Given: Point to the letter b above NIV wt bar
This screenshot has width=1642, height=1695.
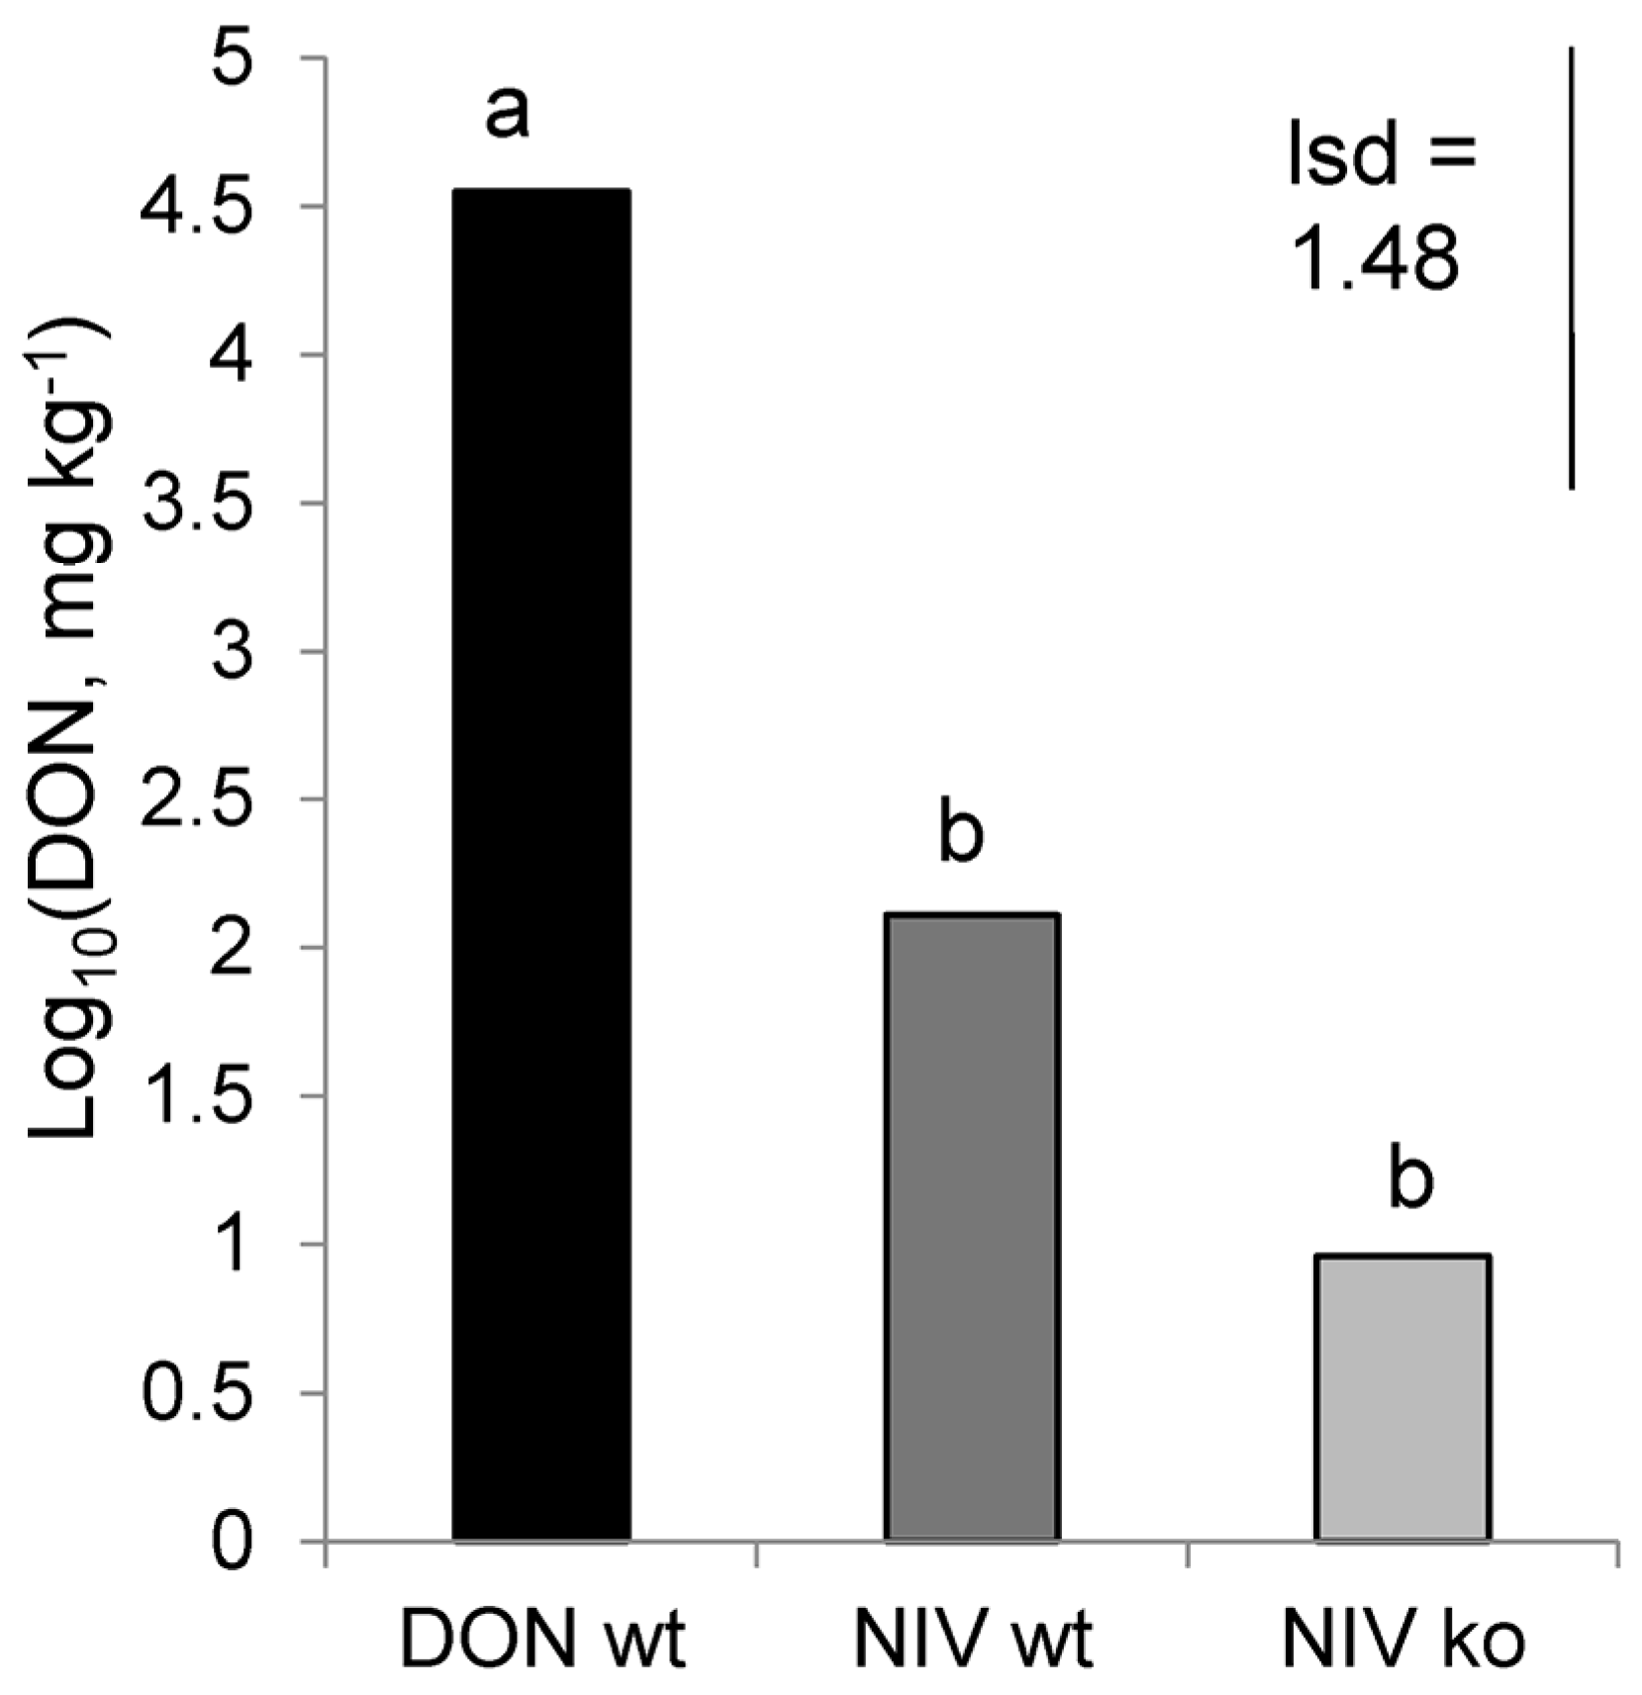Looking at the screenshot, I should click(960, 834).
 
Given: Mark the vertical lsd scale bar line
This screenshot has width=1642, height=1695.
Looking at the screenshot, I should click(1571, 267).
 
